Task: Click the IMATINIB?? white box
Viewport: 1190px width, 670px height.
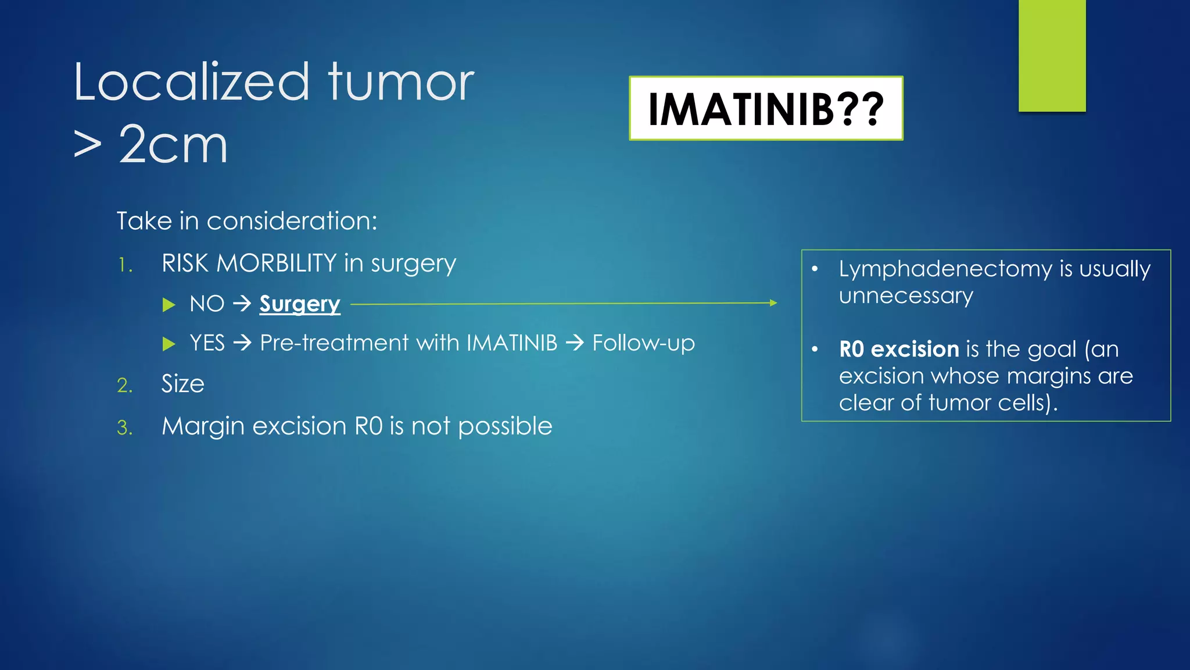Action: [x=766, y=109]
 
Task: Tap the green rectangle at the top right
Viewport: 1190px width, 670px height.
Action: [x=1052, y=55]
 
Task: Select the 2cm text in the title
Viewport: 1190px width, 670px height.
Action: [x=173, y=145]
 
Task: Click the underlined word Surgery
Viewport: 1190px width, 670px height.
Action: [x=299, y=304]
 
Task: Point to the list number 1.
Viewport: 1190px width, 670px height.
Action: [x=124, y=266]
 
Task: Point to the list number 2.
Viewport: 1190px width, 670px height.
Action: [x=124, y=386]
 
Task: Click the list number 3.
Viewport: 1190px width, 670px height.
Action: [x=124, y=428]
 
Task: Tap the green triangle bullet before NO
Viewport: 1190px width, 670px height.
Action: [x=169, y=305]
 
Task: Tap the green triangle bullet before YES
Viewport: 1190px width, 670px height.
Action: [x=169, y=344]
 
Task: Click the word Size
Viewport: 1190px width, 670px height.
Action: [x=182, y=384]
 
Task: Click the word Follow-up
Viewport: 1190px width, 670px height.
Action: [x=643, y=343]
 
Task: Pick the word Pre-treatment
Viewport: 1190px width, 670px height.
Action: [x=334, y=343]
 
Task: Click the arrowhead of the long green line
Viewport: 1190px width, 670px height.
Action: [x=773, y=302]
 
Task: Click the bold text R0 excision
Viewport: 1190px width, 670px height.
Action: [x=898, y=349]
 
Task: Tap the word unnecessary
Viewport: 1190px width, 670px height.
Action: [x=905, y=296]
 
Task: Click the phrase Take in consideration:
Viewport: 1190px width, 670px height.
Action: [x=247, y=221]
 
